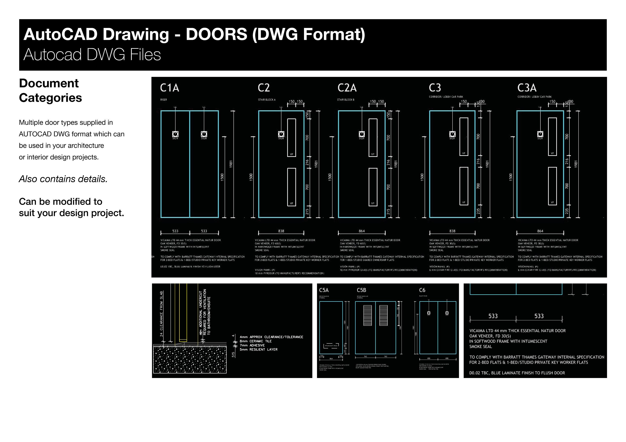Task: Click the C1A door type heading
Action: pyautogui.click(x=169, y=88)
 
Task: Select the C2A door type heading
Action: pyautogui.click(x=347, y=88)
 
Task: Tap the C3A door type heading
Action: pyautogui.click(x=527, y=88)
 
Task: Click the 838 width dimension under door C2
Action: pyautogui.click(x=281, y=231)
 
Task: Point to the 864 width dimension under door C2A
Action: pyautogui.click(x=362, y=231)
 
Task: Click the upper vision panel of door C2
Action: pyautogui.click(x=292, y=138)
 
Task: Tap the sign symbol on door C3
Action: pyautogui.click(x=452, y=134)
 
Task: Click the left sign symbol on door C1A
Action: pyautogui.click(x=175, y=134)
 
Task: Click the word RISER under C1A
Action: pyautogui.click(x=164, y=100)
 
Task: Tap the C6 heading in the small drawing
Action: pyautogui.click(x=422, y=290)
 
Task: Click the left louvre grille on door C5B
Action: pyautogui.click(x=367, y=315)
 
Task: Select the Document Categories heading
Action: pyautogui.click(x=50, y=90)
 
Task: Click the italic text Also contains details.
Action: pyautogui.click(x=63, y=179)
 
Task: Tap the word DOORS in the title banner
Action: pyautogui.click(x=216, y=35)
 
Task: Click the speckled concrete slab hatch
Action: pyautogui.click(x=190, y=359)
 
